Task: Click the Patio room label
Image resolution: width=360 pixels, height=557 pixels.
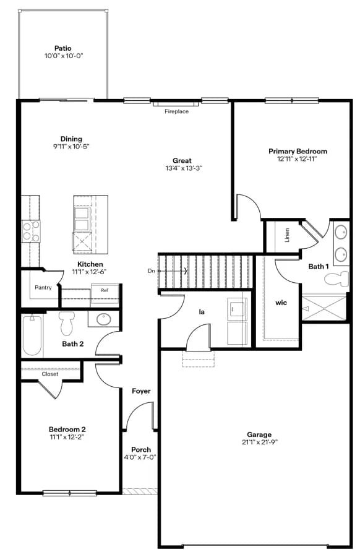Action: [63, 48]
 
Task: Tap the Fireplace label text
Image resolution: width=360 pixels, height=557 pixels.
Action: [176, 111]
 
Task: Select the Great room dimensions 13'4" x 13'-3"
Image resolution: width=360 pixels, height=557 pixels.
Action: [184, 168]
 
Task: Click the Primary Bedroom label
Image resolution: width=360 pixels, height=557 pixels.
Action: [298, 152]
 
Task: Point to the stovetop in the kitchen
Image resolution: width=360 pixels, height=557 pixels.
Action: [30, 231]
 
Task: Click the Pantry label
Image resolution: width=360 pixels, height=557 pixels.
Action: [43, 287]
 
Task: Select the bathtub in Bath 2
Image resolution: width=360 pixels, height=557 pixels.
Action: [32, 334]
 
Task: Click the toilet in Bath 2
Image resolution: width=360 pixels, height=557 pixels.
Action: [66, 323]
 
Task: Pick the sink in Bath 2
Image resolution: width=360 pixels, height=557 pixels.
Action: [104, 319]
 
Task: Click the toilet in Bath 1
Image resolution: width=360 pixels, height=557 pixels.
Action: [336, 279]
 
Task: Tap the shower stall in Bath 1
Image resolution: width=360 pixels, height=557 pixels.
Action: [324, 308]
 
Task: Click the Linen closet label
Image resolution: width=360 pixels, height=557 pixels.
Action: [287, 235]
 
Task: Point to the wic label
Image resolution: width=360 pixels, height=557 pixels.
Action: [281, 303]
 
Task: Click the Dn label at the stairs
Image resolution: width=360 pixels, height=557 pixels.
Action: [152, 270]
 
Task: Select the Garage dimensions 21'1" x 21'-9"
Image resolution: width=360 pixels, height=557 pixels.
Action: [259, 443]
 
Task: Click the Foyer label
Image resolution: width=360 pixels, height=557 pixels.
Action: [141, 391]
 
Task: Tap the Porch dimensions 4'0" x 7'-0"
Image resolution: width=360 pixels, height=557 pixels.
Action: [140, 457]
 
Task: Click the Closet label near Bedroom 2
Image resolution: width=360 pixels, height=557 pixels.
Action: [49, 374]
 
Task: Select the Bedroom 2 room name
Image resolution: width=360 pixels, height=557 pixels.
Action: [67, 430]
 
